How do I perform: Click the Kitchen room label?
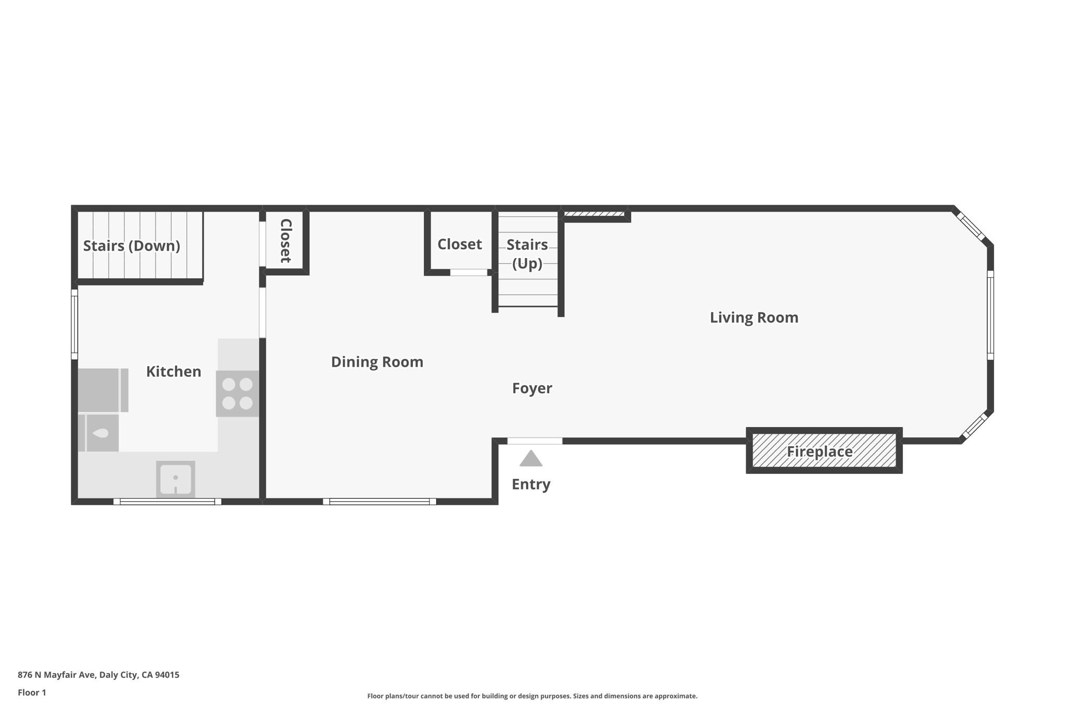(173, 371)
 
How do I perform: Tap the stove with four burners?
(237, 393)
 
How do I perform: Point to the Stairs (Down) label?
(132, 246)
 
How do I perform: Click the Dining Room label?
(377, 362)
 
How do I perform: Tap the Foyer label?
(532, 389)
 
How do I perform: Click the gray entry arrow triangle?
(531, 458)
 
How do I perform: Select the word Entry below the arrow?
(531, 484)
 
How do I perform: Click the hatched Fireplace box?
(824, 450)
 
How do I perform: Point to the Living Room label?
(754, 317)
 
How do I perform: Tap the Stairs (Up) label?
(527, 254)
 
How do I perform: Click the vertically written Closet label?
(286, 240)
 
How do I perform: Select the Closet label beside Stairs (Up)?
(460, 244)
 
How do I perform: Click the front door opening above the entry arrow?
(535, 441)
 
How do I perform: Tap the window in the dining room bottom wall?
(380, 501)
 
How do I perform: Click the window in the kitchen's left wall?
(74, 325)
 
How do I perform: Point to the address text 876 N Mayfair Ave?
(56, 675)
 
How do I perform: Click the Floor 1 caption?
(32, 692)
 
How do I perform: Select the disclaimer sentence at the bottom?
(532, 696)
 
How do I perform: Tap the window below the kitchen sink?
(167, 501)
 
